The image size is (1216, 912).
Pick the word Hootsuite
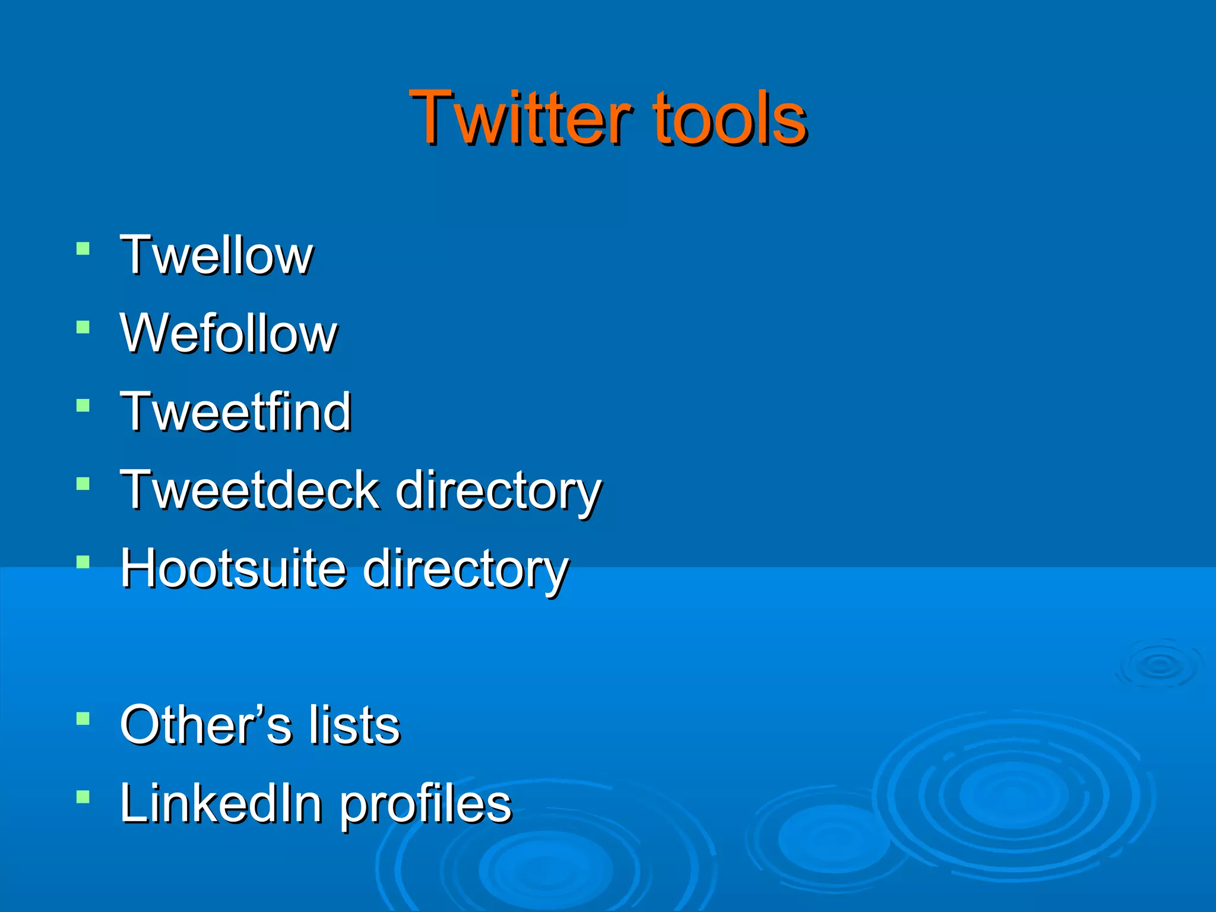point(233,568)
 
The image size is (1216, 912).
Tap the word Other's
point(205,725)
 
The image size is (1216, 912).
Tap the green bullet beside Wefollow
point(83,327)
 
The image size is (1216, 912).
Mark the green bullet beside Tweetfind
point(83,406)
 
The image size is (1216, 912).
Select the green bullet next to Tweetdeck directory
point(83,484)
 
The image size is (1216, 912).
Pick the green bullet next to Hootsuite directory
point(83,562)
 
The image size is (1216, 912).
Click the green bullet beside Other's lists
point(83,719)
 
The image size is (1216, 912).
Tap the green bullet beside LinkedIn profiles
point(83,797)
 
